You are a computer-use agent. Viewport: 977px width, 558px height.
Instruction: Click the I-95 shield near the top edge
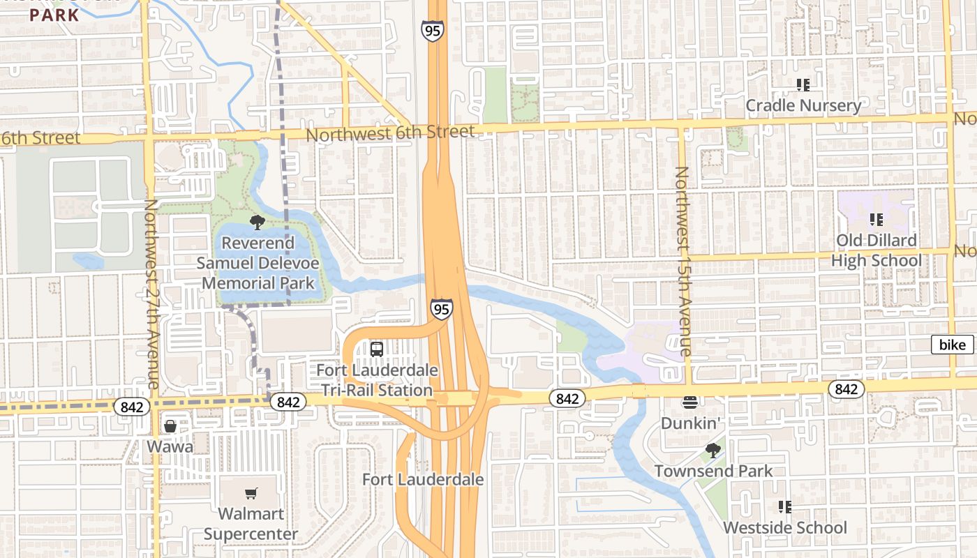point(432,31)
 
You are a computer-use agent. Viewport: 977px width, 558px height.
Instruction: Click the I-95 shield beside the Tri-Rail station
point(441,309)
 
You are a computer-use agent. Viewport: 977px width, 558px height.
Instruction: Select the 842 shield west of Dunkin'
point(567,398)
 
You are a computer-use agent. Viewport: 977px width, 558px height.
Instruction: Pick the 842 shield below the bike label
point(846,389)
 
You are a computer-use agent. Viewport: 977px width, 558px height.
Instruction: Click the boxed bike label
point(953,345)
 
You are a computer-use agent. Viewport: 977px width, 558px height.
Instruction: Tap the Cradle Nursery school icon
point(803,85)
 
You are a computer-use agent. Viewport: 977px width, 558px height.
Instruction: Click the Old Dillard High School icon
point(877,220)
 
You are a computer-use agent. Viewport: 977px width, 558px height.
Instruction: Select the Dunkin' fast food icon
point(690,402)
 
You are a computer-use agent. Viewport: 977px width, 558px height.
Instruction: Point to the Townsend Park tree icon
point(713,451)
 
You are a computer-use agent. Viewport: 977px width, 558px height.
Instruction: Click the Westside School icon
point(784,507)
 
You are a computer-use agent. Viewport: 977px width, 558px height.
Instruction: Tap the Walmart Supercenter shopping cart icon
point(251,494)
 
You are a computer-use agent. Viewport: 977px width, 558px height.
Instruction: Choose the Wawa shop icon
point(170,426)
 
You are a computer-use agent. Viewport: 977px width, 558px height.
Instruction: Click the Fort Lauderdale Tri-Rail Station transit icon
point(377,349)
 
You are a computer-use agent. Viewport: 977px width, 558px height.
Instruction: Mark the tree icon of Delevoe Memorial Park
point(258,223)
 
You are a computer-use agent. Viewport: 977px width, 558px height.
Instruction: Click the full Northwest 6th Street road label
point(390,133)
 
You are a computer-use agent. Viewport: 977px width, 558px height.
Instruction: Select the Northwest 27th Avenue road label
point(151,294)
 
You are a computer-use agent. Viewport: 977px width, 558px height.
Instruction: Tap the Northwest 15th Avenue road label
point(683,261)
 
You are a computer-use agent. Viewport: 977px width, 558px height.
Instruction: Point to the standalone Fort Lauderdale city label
point(423,480)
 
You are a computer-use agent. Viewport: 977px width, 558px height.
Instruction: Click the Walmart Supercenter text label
point(251,524)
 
